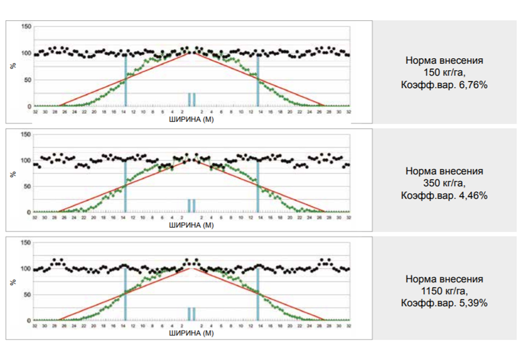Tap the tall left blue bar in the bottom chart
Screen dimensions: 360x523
126,295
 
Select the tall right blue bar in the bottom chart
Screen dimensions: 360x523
258,295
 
